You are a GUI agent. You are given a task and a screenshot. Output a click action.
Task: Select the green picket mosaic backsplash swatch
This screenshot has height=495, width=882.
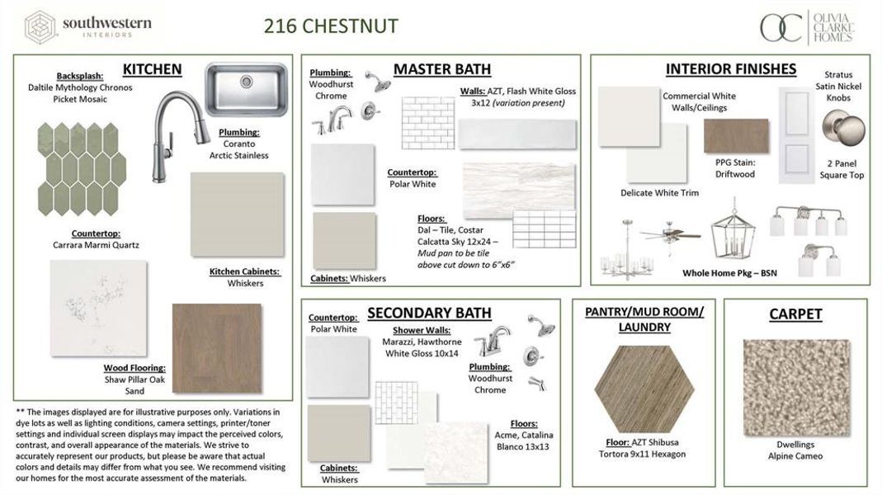click(82, 168)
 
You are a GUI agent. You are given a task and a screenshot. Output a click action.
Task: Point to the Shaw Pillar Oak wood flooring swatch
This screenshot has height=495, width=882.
click(217, 347)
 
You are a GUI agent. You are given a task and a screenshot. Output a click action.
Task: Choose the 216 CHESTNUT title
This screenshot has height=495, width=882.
click(331, 26)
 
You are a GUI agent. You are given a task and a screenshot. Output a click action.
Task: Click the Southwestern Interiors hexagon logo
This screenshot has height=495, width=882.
click(39, 27)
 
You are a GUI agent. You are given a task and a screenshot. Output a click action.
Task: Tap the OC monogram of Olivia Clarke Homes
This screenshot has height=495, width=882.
click(781, 27)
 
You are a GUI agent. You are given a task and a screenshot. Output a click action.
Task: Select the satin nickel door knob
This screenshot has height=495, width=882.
click(843, 130)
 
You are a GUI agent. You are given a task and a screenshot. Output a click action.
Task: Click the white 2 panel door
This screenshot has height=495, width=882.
click(797, 134)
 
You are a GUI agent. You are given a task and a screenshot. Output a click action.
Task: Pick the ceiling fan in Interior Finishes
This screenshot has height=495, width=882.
click(669, 235)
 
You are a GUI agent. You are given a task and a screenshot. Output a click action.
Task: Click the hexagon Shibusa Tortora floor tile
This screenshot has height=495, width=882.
click(644, 389)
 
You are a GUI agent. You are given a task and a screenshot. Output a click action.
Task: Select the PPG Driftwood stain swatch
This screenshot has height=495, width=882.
click(735, 136)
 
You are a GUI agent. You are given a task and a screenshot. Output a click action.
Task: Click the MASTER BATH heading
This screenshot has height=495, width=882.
click(441, 69)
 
